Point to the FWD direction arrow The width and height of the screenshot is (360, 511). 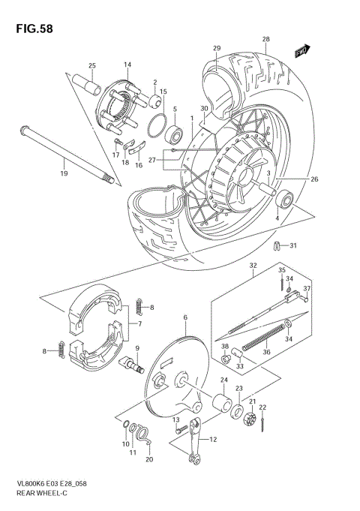click(x=301, y=50)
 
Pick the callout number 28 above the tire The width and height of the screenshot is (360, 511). click(x=265, y=39)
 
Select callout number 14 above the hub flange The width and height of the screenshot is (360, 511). click(x=127, y=65)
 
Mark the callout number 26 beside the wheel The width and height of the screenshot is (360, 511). click(x=314, y=179)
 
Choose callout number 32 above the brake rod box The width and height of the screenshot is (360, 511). click(x=253, y=265)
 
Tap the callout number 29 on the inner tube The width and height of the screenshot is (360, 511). click(x=217, y=49)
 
